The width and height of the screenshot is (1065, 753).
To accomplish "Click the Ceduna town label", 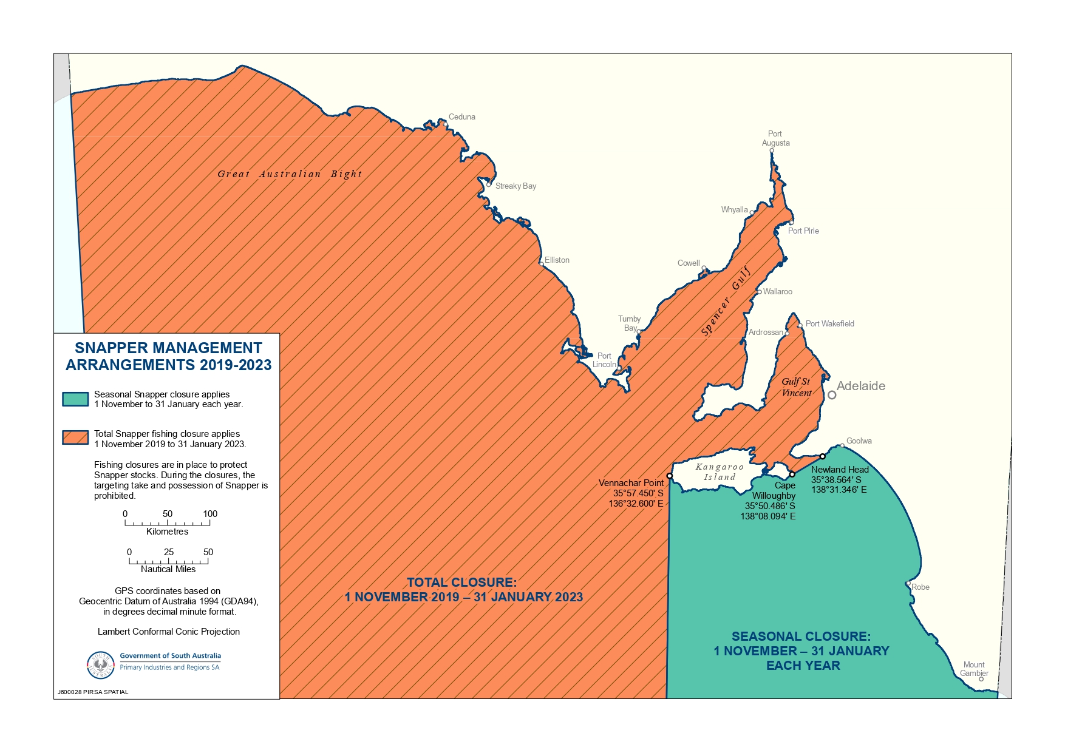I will (461, 117).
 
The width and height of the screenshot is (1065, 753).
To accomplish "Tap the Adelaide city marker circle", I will (832, 395).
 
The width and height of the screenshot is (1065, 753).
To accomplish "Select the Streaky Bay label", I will (515, 186).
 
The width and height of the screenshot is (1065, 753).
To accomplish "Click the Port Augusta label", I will (775, 138).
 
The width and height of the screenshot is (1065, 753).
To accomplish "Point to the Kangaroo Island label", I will (720, 472).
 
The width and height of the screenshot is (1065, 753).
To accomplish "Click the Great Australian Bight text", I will (290, 174).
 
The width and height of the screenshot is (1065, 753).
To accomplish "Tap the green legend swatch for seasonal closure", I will (75, 399).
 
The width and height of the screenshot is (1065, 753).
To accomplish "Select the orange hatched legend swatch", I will (75, 438).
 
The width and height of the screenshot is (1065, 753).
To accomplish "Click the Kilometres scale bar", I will (168, 522).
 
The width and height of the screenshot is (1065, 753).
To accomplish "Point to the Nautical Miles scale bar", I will (168, 561).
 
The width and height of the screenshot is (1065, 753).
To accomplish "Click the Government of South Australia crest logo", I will (101, 665).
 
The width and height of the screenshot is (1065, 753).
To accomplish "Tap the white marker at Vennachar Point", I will (670, 476).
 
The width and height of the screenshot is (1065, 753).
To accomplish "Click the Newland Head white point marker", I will (823, 456).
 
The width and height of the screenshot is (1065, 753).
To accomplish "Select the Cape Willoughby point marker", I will (792, 474).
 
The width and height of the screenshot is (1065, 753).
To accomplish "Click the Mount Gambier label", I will (974, 669).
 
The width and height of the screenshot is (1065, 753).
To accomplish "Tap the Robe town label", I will (920, 587).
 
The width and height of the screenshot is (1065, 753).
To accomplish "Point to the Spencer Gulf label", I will (726, 301).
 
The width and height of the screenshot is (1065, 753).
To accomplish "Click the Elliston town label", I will (557, 260).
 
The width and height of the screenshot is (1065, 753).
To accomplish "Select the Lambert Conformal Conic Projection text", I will (169, 632).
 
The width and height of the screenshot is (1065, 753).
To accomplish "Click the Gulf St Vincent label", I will (796, 387).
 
